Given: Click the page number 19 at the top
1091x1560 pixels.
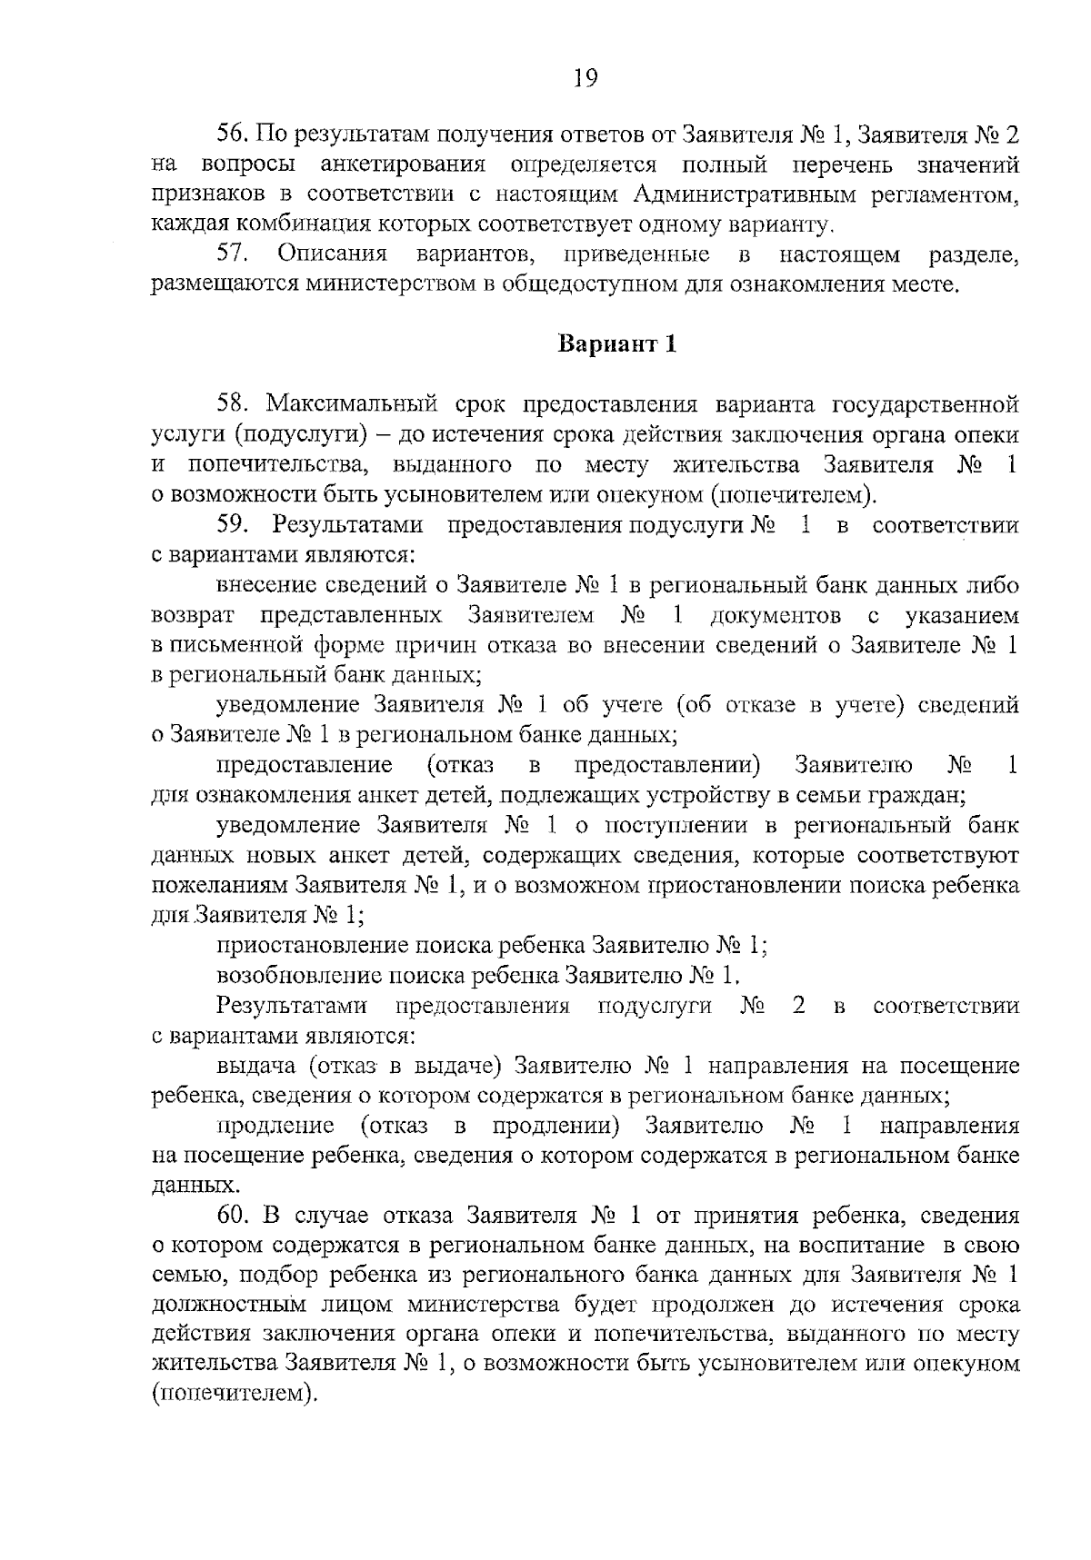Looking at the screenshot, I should (585, 79).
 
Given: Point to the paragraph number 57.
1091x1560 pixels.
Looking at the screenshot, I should (232, 254).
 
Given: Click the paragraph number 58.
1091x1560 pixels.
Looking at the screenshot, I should (232, 404).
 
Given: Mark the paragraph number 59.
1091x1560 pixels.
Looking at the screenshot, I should (232, 524).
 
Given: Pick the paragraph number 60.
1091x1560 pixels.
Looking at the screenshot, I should (232, 1215).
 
